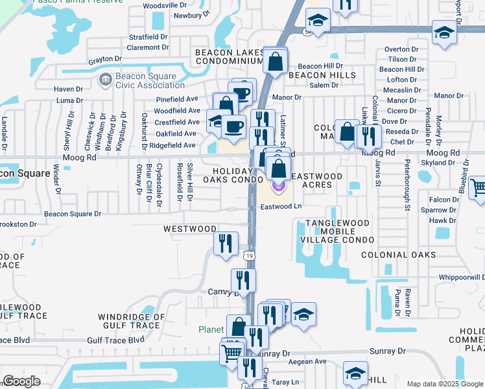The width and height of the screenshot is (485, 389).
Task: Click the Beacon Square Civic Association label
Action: click(x=142, y=80)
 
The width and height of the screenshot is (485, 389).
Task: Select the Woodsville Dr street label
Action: click(x=164, y=5)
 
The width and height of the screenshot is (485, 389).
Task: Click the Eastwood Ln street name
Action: click(x=281, y=207)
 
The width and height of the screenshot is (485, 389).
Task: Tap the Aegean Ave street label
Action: click(x=303, y=361)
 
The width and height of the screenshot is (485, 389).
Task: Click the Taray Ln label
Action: click(x=285, y=382)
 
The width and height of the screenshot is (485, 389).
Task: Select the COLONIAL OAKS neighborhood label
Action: click(x=399, y=255)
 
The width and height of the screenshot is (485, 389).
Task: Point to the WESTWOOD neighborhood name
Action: click(x=190, y=229)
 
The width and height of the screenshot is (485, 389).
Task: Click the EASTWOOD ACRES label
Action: click(x=316, y=180)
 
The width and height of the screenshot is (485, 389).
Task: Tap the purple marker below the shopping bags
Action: click(x=278, y=187)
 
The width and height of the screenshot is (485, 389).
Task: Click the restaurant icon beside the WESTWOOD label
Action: click(x=225, y=244)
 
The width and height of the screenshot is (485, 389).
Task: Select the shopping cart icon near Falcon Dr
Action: click(x=478, y=188)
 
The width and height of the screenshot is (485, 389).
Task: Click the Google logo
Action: click(x=21, y=381)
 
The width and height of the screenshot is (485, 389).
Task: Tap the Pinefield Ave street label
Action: click(x=177, y=100)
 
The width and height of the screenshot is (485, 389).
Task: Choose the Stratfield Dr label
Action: click(x=148, y=37)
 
